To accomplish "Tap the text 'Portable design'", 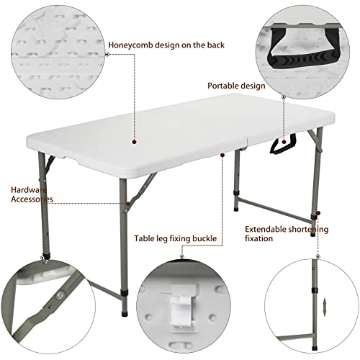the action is click(236, 86).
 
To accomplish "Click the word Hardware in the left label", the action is click(28, 190).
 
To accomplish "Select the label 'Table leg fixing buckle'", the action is click(176, 238).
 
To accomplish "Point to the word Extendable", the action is click(266, 230).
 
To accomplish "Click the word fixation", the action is click(259, 238).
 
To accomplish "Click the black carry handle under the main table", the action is click(283, 144).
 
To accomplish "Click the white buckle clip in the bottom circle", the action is click(181, 307).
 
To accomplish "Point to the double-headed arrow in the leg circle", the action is click(325, 307).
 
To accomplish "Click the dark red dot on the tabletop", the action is click(135, 142).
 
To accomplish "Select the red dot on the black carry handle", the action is click(284, 142).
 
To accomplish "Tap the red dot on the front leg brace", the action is click(128, 204).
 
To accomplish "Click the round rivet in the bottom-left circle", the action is click(59, 295).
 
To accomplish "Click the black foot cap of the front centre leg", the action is click(124, 313).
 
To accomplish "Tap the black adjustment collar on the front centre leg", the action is click(124, 293).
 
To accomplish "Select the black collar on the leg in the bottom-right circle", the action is click(315, 290).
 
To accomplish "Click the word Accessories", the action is click(32, 199).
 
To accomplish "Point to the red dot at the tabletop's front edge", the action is click(222, 156).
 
